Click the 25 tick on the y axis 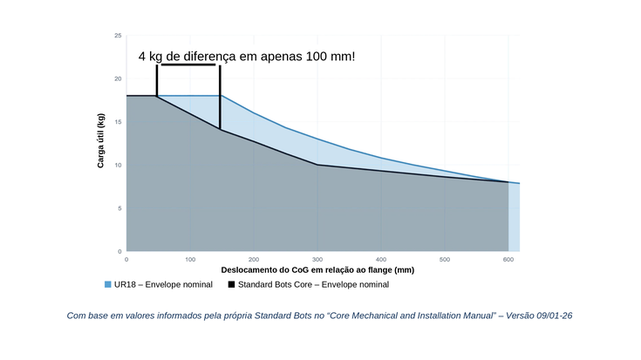pyautogui.click(x=118, y=36)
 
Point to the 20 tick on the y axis pyautogui.click(x=118, y=78)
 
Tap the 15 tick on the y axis pyautogui.click(x=118, y=122)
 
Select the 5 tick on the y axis pyautogui.click(x=119, y=208)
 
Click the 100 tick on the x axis pyautogui.click(x=190, y=260)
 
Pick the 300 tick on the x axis pyautogui.click(x=317, y=260)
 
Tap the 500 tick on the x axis pyautogui.click(x=445, y=260)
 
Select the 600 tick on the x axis pyautogui.click(x=508, y=260)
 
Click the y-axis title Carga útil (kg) pyautogui.click(x=100, y=140)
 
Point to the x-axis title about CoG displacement pyautogui.click(x=317, y=270)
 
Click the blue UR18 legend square pyautogui.click(x=108, y=284)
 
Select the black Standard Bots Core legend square pyautogui.click(x=231, y=284)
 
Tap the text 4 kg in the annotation pyautogui.click(x=150, y=57)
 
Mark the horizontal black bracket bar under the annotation pyautogui.click(x=188, y=65)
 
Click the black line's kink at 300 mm pyautogui.click(x=317, y=165)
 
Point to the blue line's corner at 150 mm pyautogui.click(x=222, y=96)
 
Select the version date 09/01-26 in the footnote pyautogui.click(x=555, y=316)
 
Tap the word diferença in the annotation pyautogui.click(x=209, y=57)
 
